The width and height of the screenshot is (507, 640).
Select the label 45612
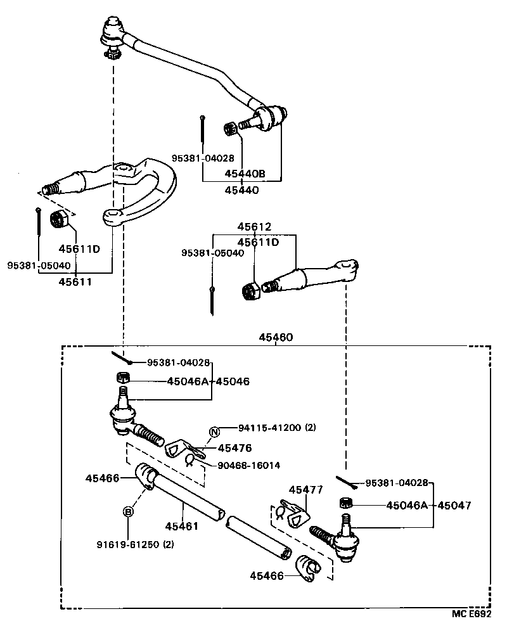(254, 226)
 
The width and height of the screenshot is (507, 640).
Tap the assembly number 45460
(275, 337)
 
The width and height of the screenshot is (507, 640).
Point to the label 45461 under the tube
(183, 526)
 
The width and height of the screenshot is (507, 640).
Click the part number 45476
(234, 448)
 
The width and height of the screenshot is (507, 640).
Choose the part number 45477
(305, 490)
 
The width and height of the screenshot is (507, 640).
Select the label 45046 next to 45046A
(233, 381)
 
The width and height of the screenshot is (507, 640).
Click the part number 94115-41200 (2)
(277, 428)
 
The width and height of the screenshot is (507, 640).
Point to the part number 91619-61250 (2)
(135, 544)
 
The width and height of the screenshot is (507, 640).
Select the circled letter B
(128, 512)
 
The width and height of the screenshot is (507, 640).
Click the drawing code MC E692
(472, 614)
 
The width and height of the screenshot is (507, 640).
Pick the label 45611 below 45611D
(75, 282)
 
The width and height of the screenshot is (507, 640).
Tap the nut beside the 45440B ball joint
(231, 129)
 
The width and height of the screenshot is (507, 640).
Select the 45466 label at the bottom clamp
(266, 575)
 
